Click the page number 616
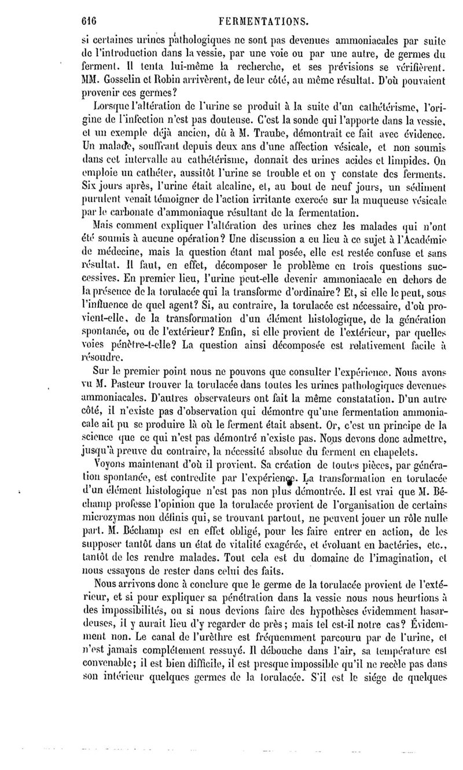(88, 21)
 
